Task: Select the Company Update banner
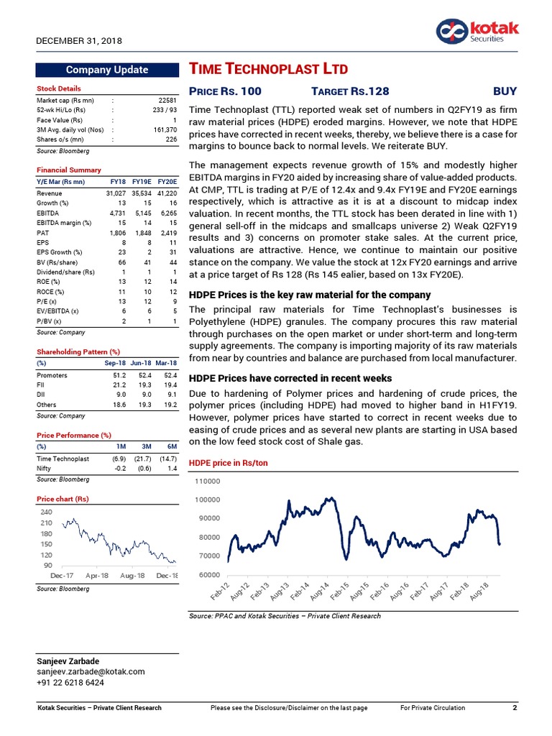click(x=106, y=70)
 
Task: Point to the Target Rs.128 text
click(x=350, y=91)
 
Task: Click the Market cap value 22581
click(x=165, y=100)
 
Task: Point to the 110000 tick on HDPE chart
click(x=208, y=481)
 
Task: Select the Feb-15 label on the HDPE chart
click(x=339, y=592)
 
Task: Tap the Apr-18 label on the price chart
click(x=97, y=576)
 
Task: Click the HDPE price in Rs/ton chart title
click(x=228, y=463)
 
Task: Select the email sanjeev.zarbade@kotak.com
click(x=91, y=671)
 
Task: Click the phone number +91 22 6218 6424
click(x=70, y=682)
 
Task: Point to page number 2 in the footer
click(x=515, y=708)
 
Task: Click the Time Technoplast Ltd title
click(x=268, y=69)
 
